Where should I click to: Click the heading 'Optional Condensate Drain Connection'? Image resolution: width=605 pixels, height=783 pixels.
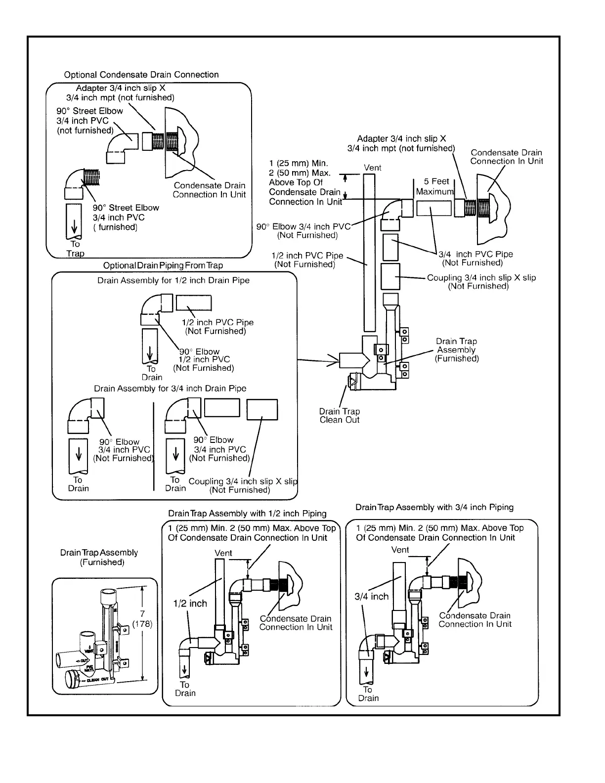pyautogui.click(x=141, y=75)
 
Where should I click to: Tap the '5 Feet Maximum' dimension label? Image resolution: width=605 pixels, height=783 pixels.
pyautogui.click(x=435, y=186)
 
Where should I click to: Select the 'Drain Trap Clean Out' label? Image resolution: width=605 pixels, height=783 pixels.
pyautogui.click(x=340, y=416)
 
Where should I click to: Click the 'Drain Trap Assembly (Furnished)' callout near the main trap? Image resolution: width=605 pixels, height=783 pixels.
pyautogui.click(x=456, y=350)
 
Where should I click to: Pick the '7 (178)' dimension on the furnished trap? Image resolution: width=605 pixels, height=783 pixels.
pyautogui.click(x=142, y=619)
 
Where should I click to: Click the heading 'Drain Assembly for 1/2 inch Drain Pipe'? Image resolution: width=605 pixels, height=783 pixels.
pyautogui.click(x=173, y=281)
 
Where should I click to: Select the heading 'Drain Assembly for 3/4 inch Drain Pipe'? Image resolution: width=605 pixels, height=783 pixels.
pyautogui.click(x=170, y=389)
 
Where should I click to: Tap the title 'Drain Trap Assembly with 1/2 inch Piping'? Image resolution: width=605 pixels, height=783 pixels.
pyautogui.click(x=247, y=514)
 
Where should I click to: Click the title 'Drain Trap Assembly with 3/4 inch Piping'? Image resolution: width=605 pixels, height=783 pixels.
pyautogui.click(x=434, y=508)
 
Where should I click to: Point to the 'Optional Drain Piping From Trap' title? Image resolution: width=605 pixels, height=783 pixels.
pyautogui.click(x=163, y=266)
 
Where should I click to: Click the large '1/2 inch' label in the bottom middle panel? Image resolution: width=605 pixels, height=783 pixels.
pyautogui.click(x=190, y=604)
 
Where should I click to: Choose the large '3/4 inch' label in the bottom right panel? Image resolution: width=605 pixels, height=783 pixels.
pyautogui.click(x=372, y=597)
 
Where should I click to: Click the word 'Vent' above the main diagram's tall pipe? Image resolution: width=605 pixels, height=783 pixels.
pyautogui.click(x=373, y=168)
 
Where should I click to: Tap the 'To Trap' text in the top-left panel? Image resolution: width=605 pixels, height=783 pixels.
pyautogui.click(x=75, y=249)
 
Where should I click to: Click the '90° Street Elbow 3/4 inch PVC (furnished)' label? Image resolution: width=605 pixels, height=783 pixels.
pyautogui.click(x=126, y=217)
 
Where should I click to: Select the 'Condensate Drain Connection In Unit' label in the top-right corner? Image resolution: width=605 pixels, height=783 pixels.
pyautogui.click(x=506, y=157)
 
